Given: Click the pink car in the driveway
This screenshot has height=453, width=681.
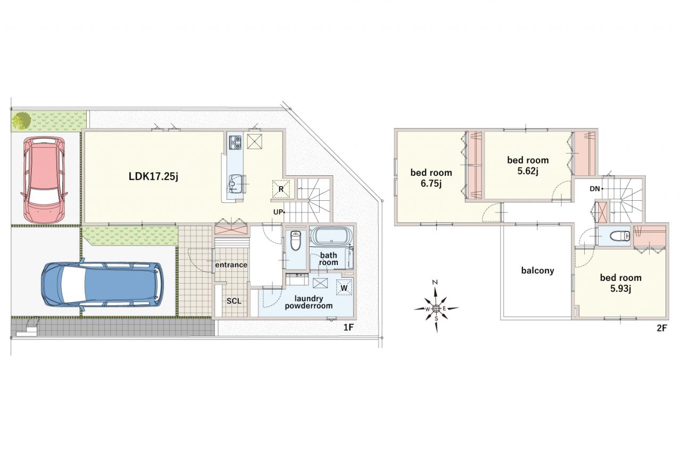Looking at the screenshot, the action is pos(44,180).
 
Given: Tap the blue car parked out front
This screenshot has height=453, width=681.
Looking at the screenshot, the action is pos(102,284).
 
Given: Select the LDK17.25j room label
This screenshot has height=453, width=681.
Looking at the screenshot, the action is pos(153,176).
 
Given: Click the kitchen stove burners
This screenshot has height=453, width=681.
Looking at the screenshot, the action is pos(236,142).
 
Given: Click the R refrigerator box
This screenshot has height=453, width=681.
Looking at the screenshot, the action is pos(281,190).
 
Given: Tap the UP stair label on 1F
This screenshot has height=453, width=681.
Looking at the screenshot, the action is pos(278,212).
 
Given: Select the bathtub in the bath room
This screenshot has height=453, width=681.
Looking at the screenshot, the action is pos(331,236).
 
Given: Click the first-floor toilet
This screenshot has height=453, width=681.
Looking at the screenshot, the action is pos(295,240).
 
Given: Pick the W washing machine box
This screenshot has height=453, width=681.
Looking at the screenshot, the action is pos(344,288).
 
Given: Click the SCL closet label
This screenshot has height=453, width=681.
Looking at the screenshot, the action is pos(234,301).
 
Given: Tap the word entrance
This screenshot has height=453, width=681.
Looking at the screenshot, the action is pos(231,265).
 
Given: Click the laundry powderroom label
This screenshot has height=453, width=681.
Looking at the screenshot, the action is pos(309,302).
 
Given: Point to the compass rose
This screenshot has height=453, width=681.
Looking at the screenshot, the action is pos(436,308).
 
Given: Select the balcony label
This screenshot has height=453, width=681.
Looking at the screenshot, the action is pos(537,271).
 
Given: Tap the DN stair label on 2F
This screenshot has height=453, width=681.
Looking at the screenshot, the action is pos(595,189).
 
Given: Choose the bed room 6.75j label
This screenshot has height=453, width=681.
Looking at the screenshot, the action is pos(431,178).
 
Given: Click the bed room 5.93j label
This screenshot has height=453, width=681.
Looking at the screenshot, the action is pos(621,283).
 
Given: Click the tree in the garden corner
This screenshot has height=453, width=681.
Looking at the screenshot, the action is pos(21,121).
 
